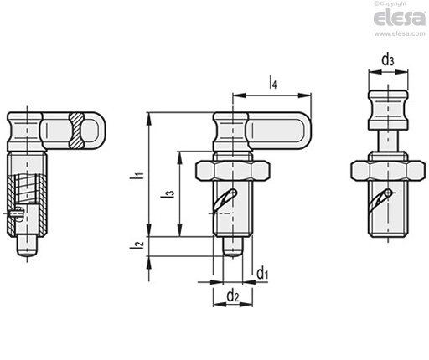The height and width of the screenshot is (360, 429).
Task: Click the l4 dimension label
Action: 273,83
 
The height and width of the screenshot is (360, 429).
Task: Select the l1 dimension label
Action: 137,177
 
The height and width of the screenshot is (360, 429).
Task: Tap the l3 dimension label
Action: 168,193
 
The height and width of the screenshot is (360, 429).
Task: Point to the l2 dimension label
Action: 137,244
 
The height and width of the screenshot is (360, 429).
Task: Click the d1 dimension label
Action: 262,273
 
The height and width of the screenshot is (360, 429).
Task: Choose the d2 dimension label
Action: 233,296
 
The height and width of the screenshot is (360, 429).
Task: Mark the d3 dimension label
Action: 388,59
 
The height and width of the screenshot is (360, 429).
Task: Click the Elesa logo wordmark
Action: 400,18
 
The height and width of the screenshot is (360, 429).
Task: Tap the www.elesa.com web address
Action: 400,33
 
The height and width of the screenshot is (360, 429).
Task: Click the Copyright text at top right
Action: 390,3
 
